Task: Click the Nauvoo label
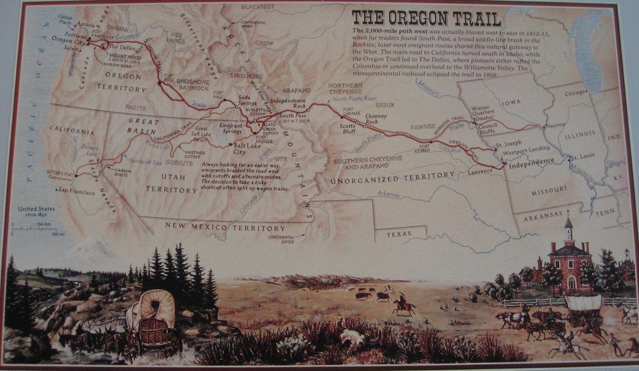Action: (555, 125)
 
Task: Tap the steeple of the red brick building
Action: (568, 226)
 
